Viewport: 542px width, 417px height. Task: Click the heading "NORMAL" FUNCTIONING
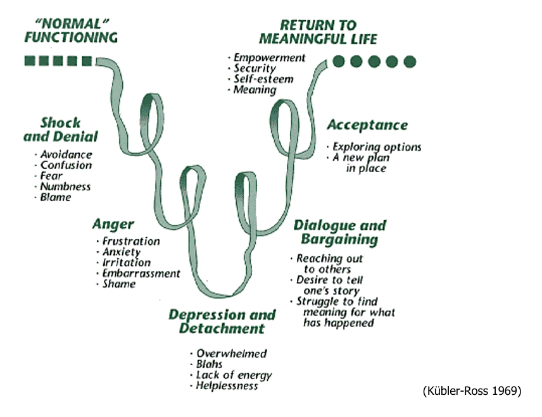71,31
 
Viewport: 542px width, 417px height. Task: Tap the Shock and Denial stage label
61,129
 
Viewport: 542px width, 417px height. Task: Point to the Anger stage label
113,224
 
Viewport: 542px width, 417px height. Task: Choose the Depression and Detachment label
222,321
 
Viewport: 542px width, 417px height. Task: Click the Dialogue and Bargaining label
339,232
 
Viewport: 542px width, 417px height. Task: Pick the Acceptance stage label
367,125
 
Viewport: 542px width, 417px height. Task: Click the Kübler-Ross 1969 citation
472,391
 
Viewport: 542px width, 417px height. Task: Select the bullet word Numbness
65,187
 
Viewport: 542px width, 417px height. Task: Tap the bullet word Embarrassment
141,273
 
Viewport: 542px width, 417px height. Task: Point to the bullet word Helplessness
227,385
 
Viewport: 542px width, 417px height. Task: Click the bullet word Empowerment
269,58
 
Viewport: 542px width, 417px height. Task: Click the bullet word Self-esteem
263,79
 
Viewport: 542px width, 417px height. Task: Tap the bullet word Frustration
131,241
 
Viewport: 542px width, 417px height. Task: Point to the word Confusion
66,165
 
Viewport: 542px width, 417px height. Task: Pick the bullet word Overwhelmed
231,354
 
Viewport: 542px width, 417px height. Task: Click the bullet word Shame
119,284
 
